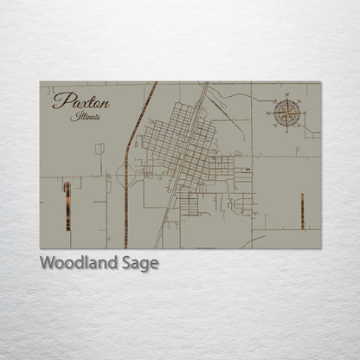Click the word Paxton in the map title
coord(80,102)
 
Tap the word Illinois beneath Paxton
coord(87,116)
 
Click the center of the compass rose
coord(289,111)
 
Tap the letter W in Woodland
coord(48,263)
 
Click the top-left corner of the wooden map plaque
coord(40,82)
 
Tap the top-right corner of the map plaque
coord(320,82)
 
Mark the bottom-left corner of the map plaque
coord(40,249)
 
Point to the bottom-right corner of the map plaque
coord(320,249)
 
